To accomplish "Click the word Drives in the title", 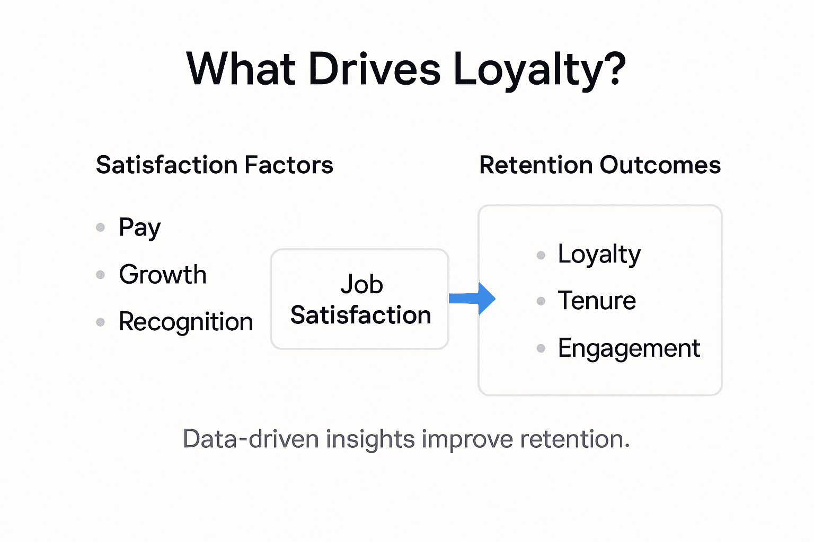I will pos(374,69).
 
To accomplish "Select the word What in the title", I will pos(241,69).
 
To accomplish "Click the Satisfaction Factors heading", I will pos(215,165).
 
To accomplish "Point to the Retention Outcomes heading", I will pos(600,165).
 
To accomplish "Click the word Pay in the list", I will pos(139,228).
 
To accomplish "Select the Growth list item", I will pos(163,275).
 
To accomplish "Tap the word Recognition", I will pos(185,322).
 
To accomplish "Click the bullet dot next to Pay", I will pos(100,228).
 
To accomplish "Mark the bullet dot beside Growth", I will pos(100,275).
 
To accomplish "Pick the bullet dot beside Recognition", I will pos(100,322).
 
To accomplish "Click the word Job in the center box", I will pos(361,284).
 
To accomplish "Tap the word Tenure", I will pos(597,301).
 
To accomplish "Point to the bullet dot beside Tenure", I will pos(541,301).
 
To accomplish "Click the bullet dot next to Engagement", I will pos(541,348).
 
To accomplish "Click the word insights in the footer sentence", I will pos(370,439).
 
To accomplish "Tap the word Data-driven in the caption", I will pos(251,439).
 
